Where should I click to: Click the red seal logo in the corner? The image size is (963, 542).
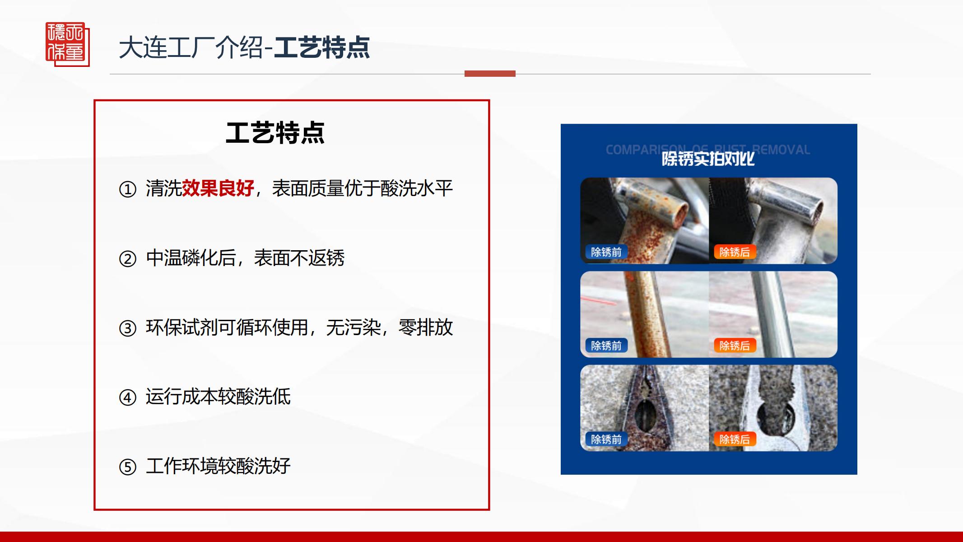[x=68, y=44]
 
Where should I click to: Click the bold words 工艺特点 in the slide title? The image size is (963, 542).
[x=322, y=48]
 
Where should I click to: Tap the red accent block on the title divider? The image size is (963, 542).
[x=490, y=74]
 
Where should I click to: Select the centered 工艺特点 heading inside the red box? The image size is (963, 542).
[x=275, y=133]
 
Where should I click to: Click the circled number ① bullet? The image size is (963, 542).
[x=127, y=189]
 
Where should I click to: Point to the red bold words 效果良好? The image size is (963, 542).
[x=218, y=188]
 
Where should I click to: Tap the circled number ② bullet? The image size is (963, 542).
[x=127, y=259]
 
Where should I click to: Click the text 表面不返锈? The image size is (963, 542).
[x=299, y=258]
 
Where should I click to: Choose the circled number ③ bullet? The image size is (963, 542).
[x=127, y=328]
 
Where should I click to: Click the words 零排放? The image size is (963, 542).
[x=426, y=327]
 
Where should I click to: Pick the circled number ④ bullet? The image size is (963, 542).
[x=127, y=397]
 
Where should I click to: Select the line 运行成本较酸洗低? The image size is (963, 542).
[x=218, y=397]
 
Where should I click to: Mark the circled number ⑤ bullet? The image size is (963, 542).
[x=127, y=467]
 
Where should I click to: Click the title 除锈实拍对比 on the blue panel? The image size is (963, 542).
[x=708, y=159]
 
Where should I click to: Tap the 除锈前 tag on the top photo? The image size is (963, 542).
[x=606, y=252]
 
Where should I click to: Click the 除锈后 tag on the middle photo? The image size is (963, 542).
[x=734, y=346]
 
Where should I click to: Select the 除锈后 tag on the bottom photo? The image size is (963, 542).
[x=734, y=439]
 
